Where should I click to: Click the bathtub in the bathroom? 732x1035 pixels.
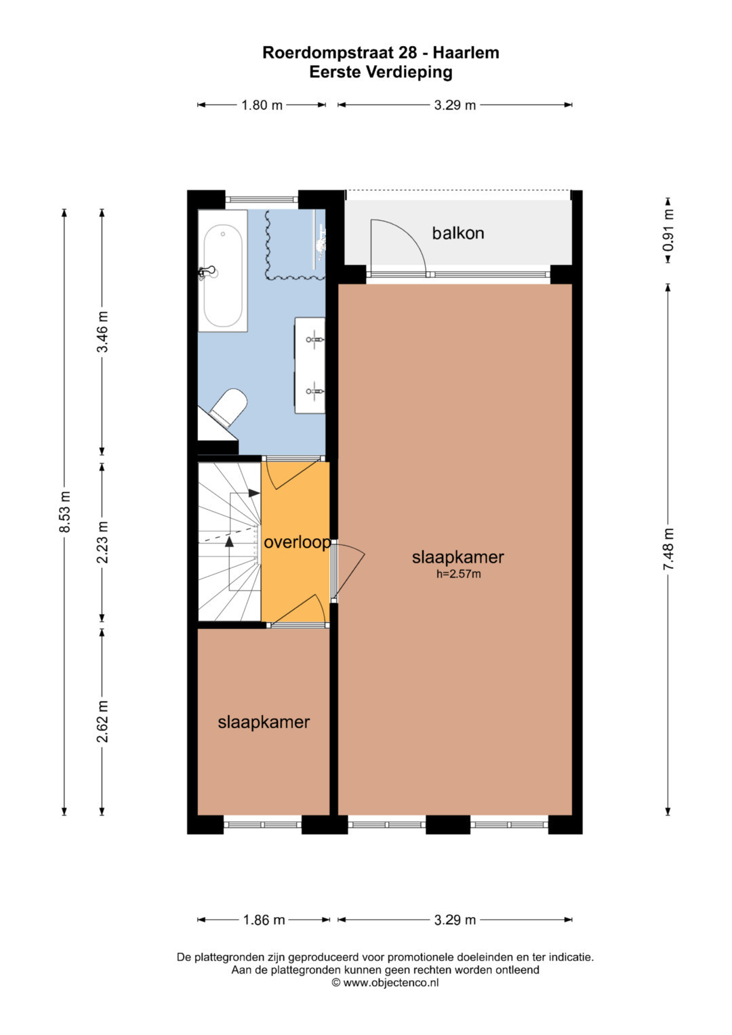pos(223,270)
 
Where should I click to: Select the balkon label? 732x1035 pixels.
pos(458,233)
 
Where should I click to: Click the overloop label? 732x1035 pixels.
pos(297,542)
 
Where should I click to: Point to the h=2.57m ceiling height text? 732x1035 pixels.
pos(458,574)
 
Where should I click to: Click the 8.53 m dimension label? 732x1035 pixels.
pos(64,512)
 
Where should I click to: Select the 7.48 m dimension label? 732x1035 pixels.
pos(668,549)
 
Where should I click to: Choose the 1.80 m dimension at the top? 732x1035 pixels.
pos(262,105)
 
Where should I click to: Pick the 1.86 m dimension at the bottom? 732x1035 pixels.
pos(264,920)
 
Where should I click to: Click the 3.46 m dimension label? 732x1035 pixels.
pos(102,331)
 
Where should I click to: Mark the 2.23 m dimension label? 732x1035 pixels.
pos(102,542)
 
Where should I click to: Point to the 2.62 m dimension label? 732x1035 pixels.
pos(102,721)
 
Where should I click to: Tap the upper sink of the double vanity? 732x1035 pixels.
pos(315,340)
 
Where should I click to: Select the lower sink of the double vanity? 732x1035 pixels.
pos(315,391)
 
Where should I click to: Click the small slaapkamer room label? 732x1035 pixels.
pos(264,722)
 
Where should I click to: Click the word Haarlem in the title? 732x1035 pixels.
pos(466,53)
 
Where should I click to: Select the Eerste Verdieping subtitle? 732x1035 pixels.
pos(381,73)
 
